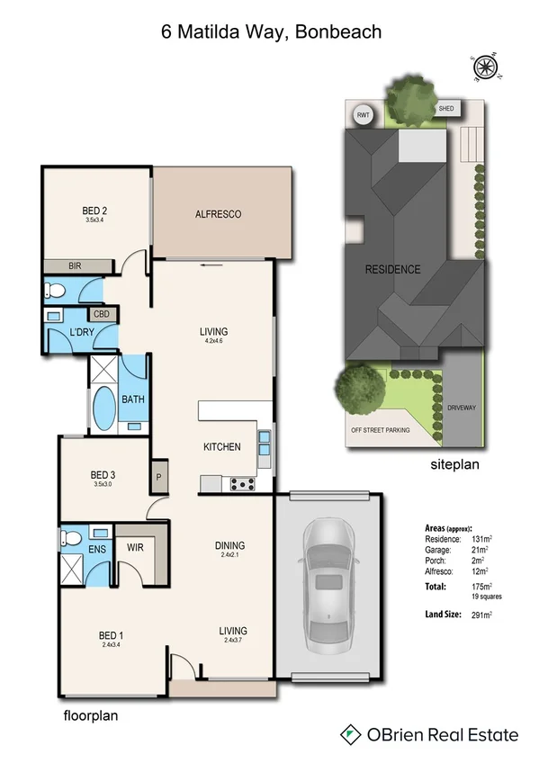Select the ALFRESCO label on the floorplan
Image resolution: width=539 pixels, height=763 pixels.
(x=220, y=214)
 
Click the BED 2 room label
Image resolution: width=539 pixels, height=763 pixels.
(x=94, y=212)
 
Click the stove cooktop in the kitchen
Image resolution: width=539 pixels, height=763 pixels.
(x=242, y=484)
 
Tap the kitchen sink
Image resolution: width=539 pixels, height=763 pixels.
(x=265, y=444)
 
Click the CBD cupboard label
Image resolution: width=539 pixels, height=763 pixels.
(x=101, y=315)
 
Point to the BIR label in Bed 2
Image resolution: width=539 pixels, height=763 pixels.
(x=76, y=266)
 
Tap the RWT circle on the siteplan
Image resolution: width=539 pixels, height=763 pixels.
(x=364, y=115)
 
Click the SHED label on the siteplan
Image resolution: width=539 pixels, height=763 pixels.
(x=446, y=109)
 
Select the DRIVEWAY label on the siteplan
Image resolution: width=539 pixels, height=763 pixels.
(x=461, y=408)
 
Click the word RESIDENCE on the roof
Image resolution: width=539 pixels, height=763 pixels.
(x=391, y=269)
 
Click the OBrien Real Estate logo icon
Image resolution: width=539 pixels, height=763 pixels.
(x=349, y=735)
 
